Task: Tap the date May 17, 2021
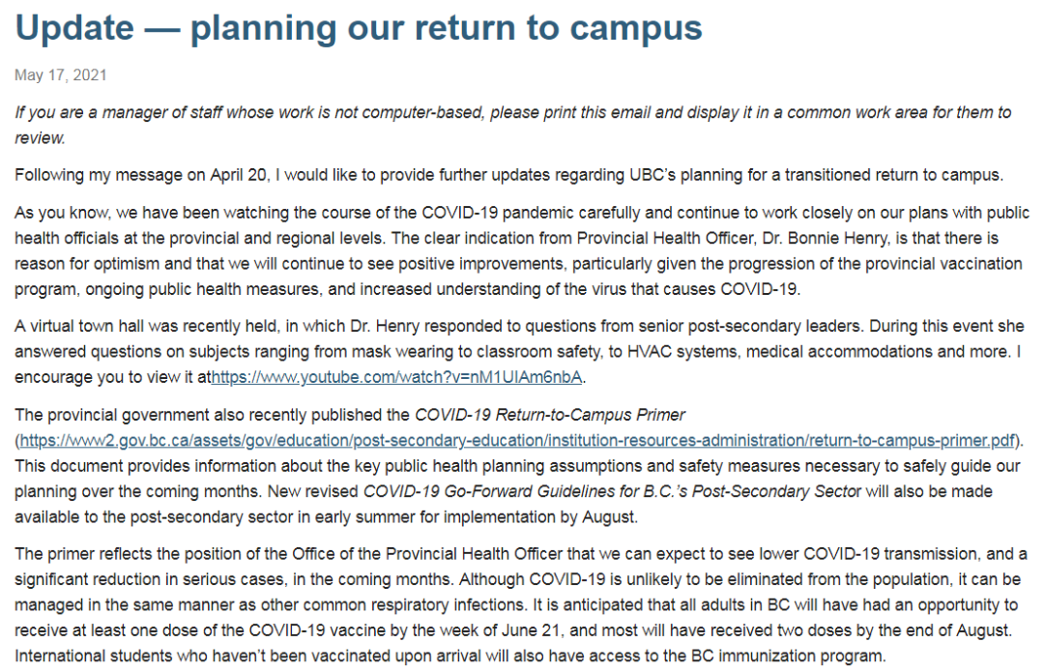(x=61, y=74)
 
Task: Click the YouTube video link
(x=397, y=376)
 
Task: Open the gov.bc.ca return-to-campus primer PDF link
(x=517, y=440)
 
